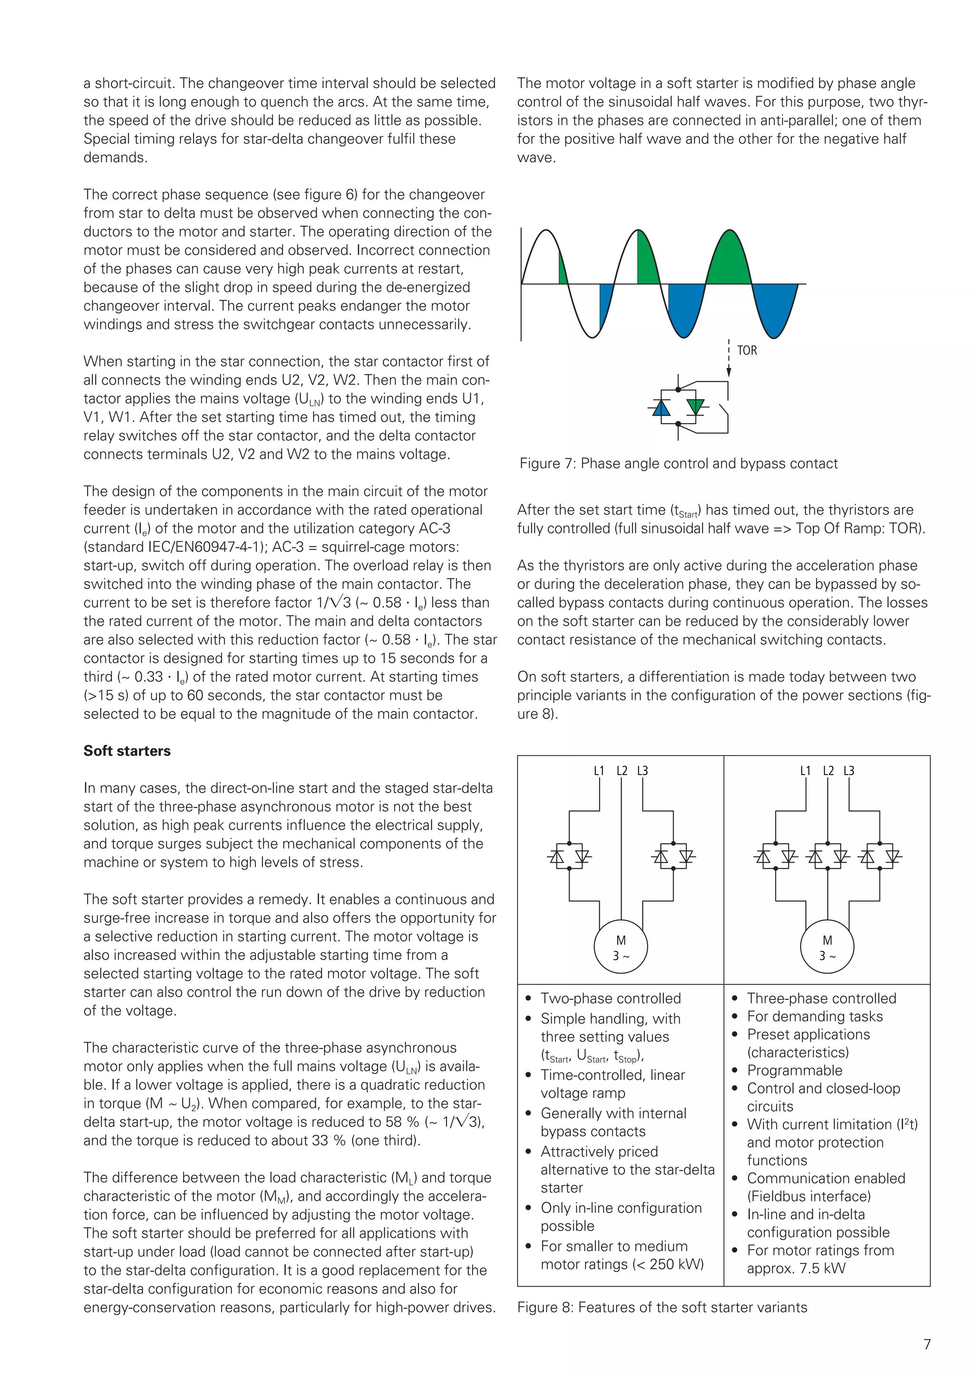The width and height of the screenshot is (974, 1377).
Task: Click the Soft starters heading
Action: click(x=127, y=751)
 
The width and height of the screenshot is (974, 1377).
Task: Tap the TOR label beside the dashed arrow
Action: click(x=747, y=350)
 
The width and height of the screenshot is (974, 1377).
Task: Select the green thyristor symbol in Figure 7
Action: click(x=695, y=407)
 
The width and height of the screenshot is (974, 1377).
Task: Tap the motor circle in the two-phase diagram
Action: click(x=621, y=947)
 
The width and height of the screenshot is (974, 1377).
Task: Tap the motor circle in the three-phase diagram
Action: click(x=827, y=947)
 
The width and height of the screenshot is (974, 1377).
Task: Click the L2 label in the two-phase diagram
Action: click(x=622, y=771)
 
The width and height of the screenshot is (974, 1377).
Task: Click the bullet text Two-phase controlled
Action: click(x=611, y=999)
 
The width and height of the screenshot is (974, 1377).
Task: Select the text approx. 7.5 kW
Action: click(x=795, y=1269)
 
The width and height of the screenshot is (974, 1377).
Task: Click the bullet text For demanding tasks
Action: click(x=815, y=1017)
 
